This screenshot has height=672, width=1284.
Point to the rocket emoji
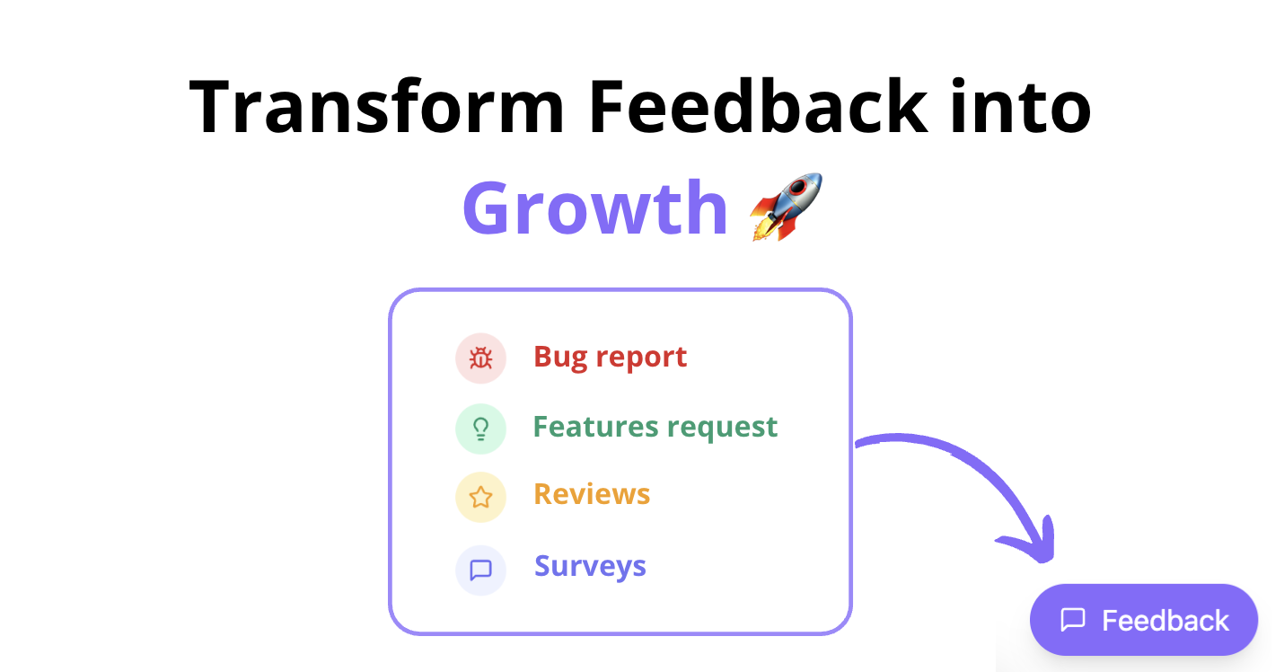786,207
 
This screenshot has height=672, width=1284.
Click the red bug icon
480,358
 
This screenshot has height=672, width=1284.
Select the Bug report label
611,357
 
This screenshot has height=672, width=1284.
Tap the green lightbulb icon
480,428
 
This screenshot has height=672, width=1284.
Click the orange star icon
480,497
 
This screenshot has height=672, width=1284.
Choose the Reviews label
592,494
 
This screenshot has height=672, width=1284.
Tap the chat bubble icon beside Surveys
480,570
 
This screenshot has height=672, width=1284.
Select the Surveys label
590,567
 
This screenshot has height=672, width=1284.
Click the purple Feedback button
1143,620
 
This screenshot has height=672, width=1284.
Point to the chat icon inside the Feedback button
1073,620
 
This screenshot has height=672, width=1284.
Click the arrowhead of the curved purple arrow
1033,544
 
